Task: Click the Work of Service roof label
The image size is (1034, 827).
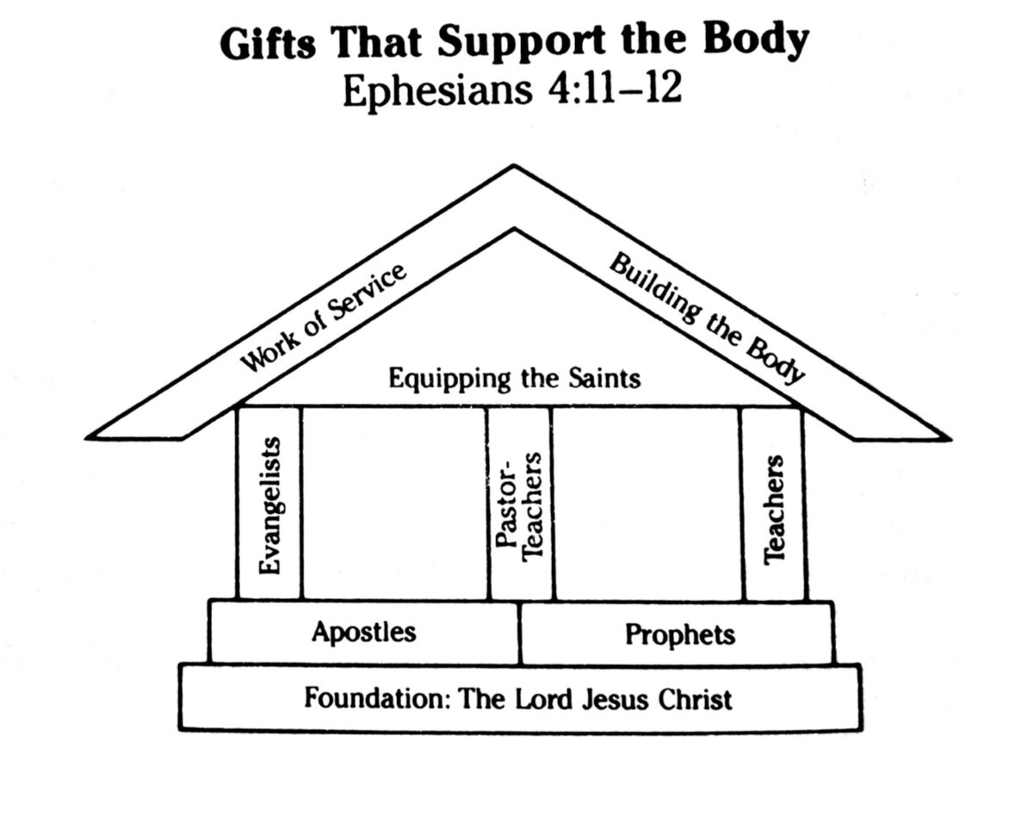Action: [x=322, y=319]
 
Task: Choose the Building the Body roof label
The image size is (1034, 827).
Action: [x=707, y=318]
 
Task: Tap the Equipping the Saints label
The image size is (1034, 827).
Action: [x=514, y=378]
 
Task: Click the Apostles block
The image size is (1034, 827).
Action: [x=363, y=633]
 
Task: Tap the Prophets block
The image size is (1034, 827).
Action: [x=679, y=635]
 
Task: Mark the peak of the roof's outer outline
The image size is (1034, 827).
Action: [x=515, y=165]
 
